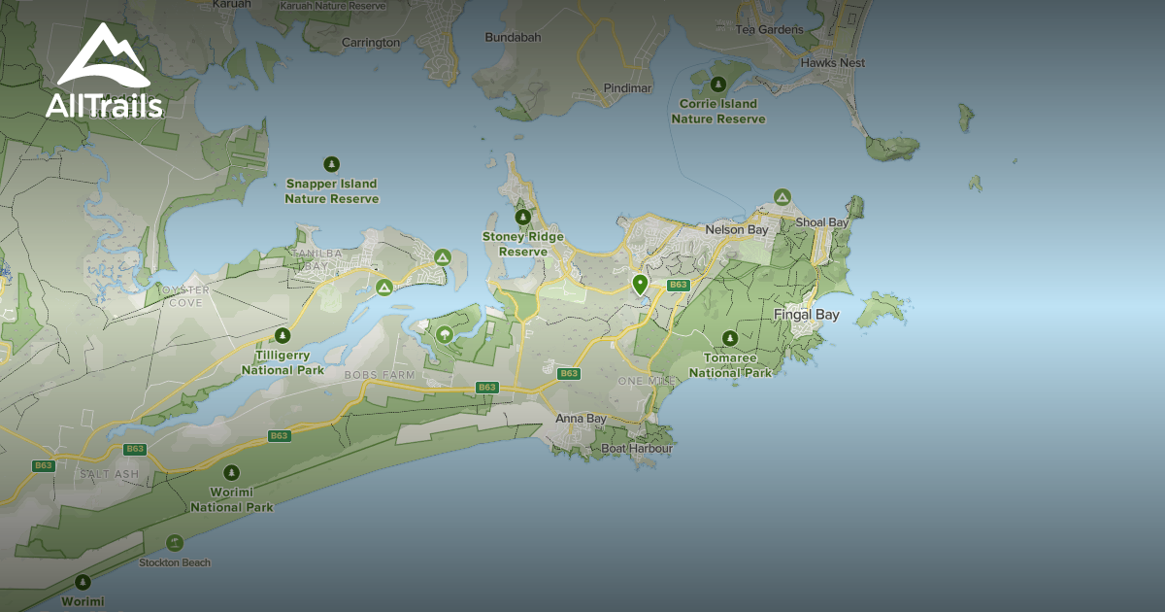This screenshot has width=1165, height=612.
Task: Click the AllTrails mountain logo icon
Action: pyautogui.click(x=103, y=56)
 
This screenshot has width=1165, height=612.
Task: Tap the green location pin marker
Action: pyautogui.click(x=640, y=284)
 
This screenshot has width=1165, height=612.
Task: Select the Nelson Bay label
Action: pyautogui.click(x=736, y=230)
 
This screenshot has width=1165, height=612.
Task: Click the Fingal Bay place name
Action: pyautogui.click(x=806, y=315)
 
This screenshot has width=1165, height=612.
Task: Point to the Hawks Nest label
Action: pyautogui.click(x=832, y=63)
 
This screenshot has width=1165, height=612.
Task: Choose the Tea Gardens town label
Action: pyautogui.click(x=769, y=29)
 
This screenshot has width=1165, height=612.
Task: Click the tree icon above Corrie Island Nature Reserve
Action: pyautogui.click(x=718, y=85)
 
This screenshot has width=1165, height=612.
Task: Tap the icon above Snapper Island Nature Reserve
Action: pyautogui.click(x=331, y=164)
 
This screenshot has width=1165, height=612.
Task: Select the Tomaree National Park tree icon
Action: pyautogui.click(x=730, y=338)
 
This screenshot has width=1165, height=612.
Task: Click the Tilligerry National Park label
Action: pyautogui.click(x=283, y=362)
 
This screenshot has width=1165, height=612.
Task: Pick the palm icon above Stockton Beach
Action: pyautogui.click(x=175, y=543)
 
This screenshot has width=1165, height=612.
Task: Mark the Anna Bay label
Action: pyautogui.click(x=581, y=419)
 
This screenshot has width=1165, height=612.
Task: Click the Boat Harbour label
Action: pyautogui.click(x=637, y=449)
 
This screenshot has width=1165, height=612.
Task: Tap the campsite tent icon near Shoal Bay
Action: pyautogui.click(x=782, y=197)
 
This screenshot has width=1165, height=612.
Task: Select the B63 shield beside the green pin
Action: pyautogui.click(x=678, y=285)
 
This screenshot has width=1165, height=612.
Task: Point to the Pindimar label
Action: pyautogui.click(x=627, y=88)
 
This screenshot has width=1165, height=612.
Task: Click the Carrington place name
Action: pyautogui.click(x=371, y=43)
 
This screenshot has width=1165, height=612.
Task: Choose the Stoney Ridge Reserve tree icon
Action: pyautogui.click(x=523, y=217)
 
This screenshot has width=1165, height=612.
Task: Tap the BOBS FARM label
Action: pyautogui.click(x=380, y=374)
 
